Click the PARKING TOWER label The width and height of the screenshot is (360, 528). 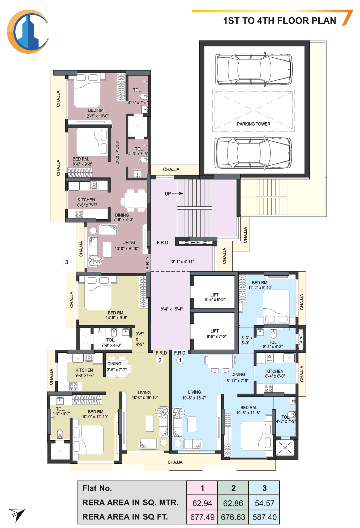254,124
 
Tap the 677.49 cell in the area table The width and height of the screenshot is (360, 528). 202,517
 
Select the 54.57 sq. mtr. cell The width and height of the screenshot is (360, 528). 264,503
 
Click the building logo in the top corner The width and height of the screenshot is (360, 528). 28,32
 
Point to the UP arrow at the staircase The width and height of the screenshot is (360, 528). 178,193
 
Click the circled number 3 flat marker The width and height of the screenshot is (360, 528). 67,262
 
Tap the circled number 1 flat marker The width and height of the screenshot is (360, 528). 180,360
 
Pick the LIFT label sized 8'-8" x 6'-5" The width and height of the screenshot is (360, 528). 215,297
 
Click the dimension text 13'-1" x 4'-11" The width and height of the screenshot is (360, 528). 182,262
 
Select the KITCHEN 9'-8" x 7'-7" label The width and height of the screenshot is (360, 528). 84,373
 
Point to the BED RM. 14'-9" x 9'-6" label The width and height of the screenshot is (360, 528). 116,315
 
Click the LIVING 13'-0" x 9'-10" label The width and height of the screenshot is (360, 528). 127,245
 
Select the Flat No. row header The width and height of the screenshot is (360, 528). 97,488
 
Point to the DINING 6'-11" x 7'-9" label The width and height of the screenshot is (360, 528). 238,377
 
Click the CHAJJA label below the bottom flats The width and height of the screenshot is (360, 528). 175,462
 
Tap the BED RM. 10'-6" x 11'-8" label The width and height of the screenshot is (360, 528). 248,410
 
